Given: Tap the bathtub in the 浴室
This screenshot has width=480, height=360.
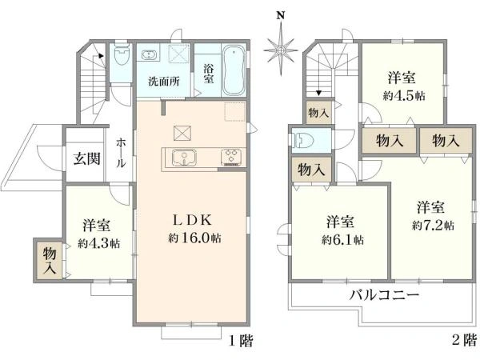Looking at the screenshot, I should click(233, 67).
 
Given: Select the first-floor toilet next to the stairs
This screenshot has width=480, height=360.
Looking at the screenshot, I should click(121, 58).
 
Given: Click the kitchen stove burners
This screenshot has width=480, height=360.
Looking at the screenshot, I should click(230, 157).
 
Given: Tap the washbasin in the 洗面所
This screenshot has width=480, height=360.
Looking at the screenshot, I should click(150, 55).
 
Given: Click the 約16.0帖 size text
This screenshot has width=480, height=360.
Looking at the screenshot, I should click(194, 238).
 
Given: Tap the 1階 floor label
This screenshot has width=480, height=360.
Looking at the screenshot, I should click(240, 341).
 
